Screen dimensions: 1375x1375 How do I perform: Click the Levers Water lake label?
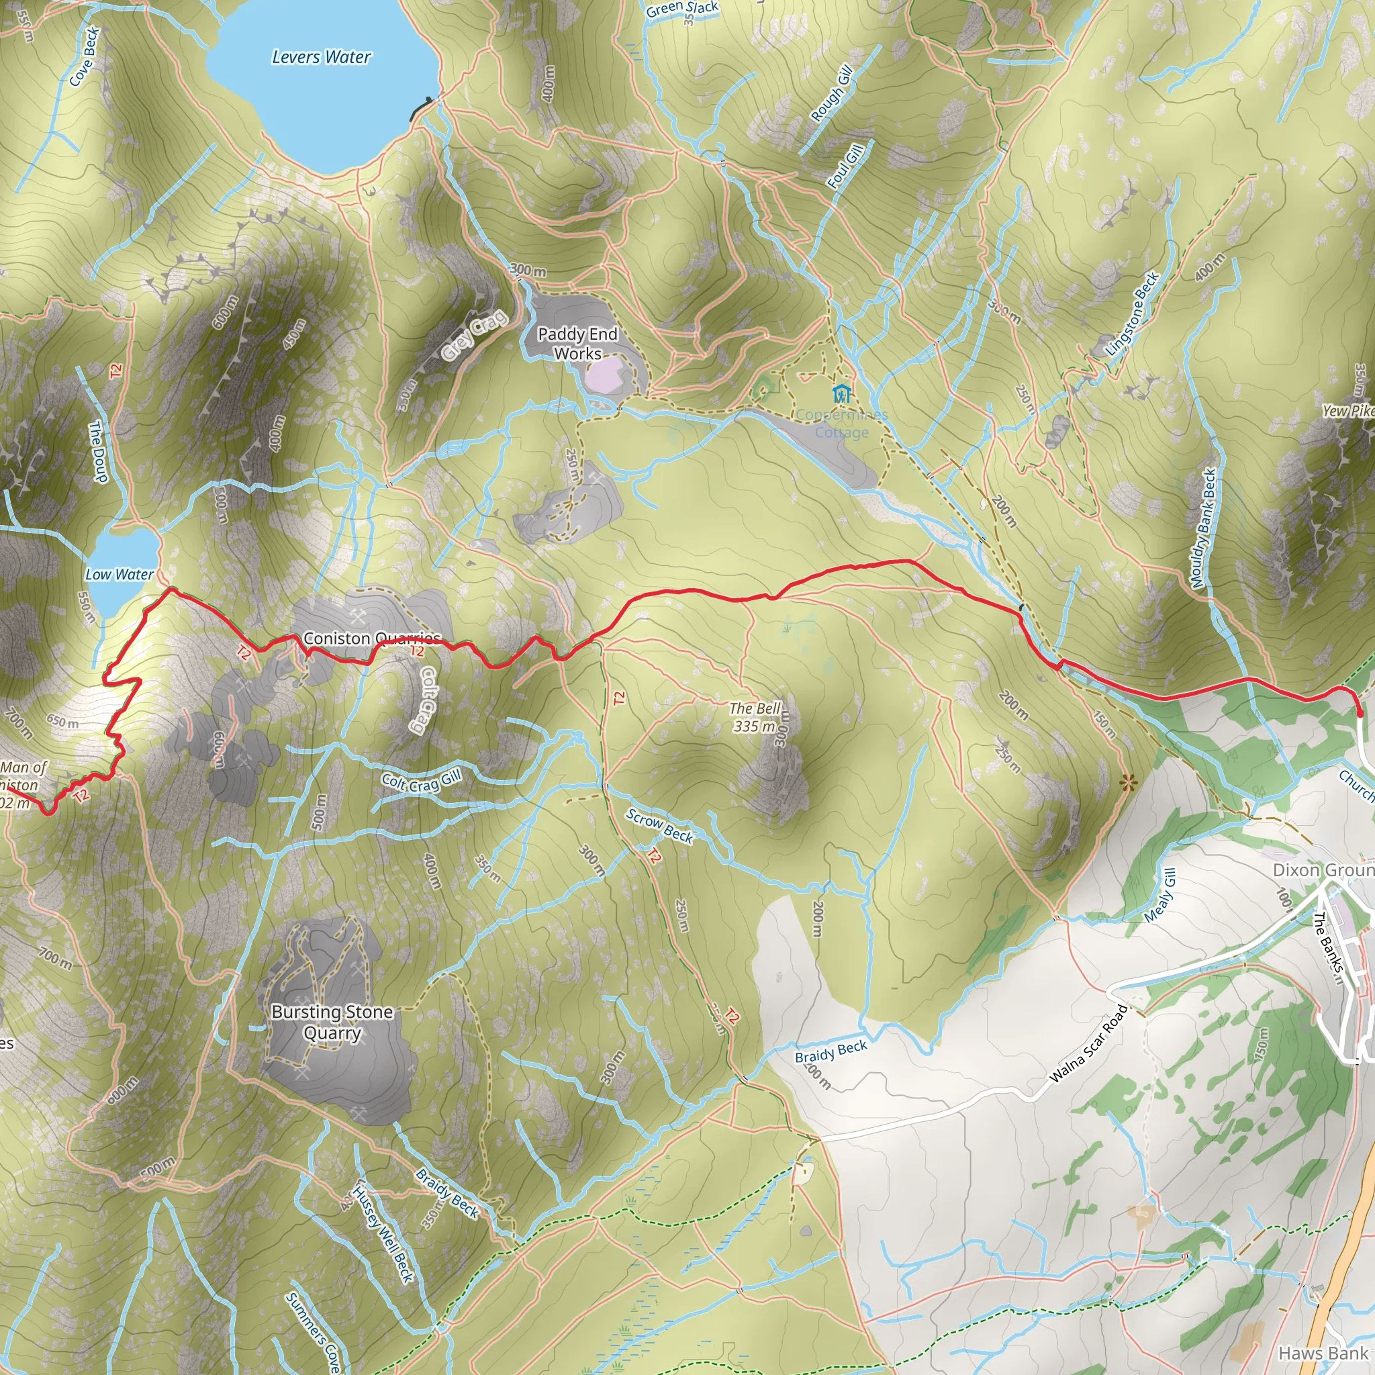(x=321, y=57)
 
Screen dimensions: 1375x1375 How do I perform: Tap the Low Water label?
(x=119, y=574)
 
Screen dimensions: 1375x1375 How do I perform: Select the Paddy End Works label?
(x=577, y=344)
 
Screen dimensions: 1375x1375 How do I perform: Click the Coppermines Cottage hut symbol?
(x=842, y=393)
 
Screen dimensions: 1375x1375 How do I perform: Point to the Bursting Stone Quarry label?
(x=332, y=1022)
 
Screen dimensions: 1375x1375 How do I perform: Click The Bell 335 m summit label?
(x=755, y=716)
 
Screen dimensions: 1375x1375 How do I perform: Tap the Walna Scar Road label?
(x=1088, y=1043)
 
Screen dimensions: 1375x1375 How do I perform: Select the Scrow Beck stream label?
(x=659, y=826)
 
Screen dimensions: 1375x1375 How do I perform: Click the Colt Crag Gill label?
(x=422, y=781)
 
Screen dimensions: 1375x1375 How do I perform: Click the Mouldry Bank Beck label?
(x=1204, y=528)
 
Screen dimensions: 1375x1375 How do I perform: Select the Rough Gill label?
(x=832, y=93)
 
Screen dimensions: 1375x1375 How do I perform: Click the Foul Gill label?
(x=845, y=166)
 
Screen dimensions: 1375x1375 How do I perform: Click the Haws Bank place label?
(x=1323, y=1353)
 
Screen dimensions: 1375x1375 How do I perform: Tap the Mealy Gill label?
(x=1160, y=896)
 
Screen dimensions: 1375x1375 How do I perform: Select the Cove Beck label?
(x=85, y=57)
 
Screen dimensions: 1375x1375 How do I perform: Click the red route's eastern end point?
(x=1360, y=713)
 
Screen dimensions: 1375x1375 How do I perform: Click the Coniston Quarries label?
(x=372, y=638)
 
